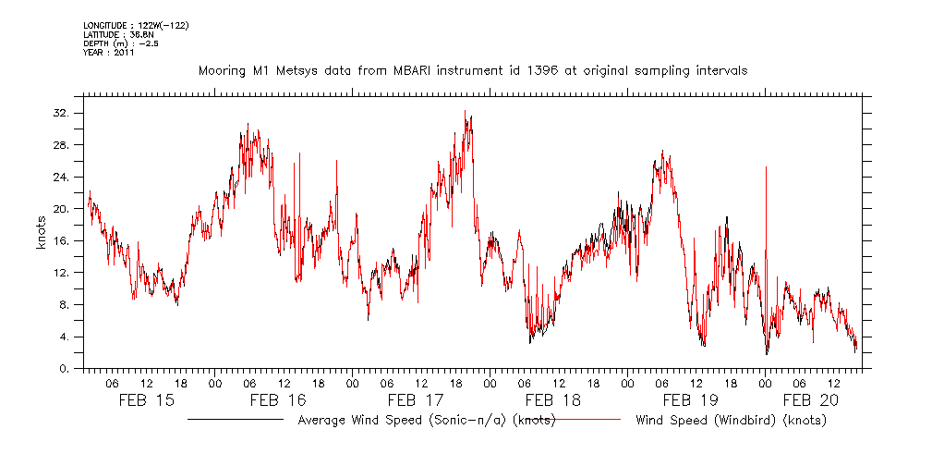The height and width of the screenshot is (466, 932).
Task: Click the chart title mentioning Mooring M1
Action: click(472, 70)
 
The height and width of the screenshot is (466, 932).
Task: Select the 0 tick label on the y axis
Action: click(74, 369)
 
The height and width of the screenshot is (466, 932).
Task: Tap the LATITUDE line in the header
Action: click(115, 34)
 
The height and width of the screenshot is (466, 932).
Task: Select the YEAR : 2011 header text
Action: click(108, 53)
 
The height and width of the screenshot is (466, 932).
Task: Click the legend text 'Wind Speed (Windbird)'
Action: click(731, 421)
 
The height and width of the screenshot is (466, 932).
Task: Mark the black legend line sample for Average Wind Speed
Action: click(236, 420)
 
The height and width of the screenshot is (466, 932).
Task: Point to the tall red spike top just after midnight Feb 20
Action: click(766, 167)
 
